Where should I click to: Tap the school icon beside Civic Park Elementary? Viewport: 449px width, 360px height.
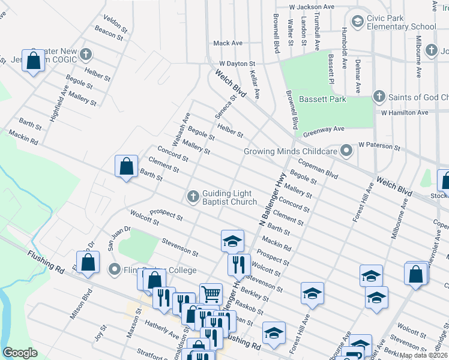pos(357,22)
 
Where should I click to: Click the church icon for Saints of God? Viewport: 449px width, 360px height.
pos(378,96)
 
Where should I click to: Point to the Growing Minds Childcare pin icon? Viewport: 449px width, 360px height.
pos(346,151)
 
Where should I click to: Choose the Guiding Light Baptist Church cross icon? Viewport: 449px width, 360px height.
pos(193,196)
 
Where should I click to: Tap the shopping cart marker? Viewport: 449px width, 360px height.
pos(211,293)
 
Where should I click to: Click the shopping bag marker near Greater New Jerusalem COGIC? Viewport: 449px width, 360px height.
pos(34,61)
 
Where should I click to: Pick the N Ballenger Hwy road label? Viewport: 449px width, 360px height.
pos(271,198)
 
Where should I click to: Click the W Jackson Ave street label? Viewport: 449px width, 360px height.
pos(311,7)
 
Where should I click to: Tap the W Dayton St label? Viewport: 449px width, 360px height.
pos(237,63)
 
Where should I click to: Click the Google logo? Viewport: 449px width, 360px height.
pos(20,353)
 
